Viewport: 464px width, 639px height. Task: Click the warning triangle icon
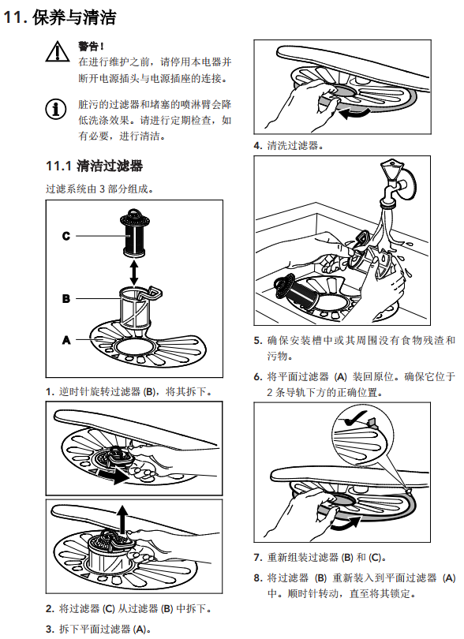pos(58,52)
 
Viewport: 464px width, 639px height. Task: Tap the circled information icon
pos(56,109)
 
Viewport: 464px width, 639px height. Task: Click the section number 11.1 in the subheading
pos(58,166)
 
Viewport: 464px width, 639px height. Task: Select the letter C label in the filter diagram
pos(66,236)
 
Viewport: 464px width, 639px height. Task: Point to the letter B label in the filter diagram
pos(66,299)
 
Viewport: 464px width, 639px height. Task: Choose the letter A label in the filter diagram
pos(66,340)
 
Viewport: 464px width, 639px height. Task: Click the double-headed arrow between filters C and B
pos(133,273)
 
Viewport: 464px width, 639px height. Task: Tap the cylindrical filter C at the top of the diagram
pos(134,233)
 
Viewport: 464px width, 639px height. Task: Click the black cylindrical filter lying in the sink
pos(296,293)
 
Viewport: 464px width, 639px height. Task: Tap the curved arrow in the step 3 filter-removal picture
pos(354,114)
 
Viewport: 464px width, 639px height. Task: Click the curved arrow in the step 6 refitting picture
pos(346,524)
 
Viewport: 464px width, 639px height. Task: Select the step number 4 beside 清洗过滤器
pos(257,145)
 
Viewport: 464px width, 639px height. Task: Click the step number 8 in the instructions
pos(257,578)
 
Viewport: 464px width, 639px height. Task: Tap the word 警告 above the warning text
pos(89,47)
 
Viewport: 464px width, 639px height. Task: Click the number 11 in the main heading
pos(13,17)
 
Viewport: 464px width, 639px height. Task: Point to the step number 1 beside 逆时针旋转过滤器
pos(50,392)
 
